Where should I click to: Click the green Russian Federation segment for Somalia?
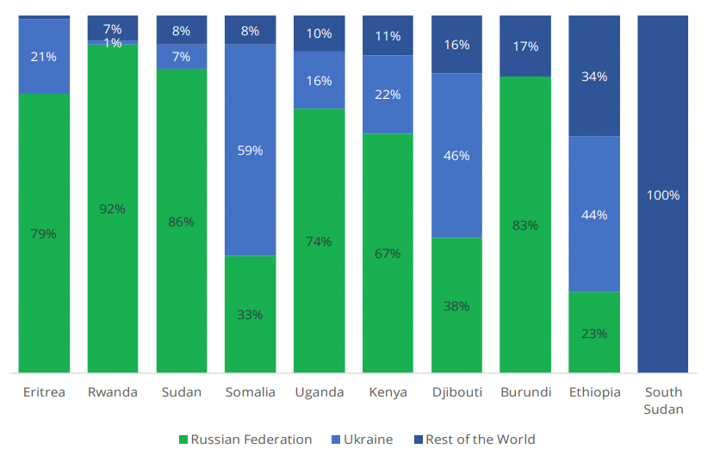[250, 314]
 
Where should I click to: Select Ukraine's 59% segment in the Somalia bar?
[250, 150]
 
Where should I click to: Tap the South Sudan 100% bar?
[663, 194]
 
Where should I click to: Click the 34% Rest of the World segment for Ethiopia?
[594, 76]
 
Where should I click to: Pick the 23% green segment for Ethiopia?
[594, 332]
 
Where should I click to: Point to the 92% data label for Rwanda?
[112, 208]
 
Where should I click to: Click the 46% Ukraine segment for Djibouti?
[456, 156]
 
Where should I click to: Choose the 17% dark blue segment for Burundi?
[525, 46]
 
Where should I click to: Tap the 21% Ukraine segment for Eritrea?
[44, 57]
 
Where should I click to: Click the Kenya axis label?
[388, 392]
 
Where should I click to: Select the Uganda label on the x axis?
[319, 392]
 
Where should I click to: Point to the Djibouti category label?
[456, 392]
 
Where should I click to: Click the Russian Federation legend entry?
[245, 439]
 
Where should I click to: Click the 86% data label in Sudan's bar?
[181, 221]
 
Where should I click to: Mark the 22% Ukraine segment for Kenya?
[388, 95]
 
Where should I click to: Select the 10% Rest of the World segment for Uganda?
[319, 34]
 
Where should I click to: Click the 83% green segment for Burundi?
[525, 224]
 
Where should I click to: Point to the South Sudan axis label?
[663, 401]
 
